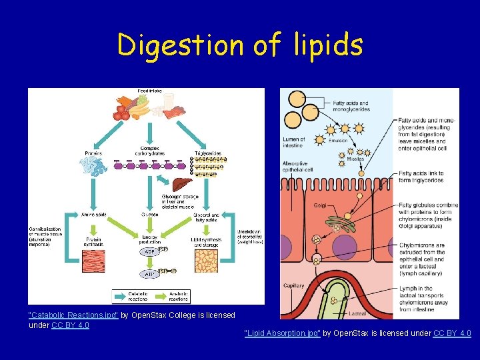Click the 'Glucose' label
[149, 215]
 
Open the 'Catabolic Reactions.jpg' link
[73, 315]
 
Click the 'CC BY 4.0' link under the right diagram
[452, 333]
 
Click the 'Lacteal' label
[357, 313]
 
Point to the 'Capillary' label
[293, 286]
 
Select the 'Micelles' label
[355, 159]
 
